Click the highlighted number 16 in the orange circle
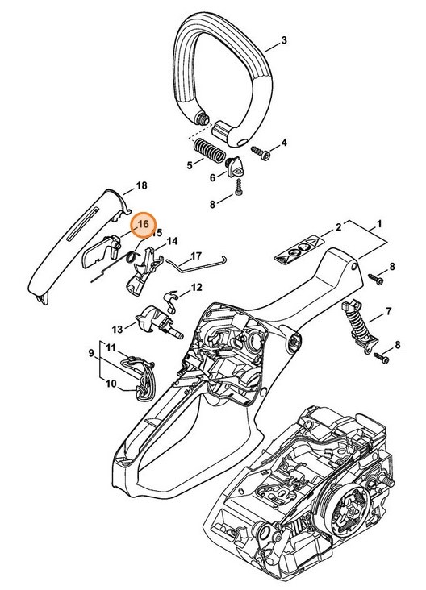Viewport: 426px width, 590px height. [x=143, y=224]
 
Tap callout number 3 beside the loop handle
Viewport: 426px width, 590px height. [x=284, y=40]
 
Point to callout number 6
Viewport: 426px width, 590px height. [x=213, y=178]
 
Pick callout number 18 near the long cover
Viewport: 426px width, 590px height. [x=142, y=185]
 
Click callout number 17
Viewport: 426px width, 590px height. [x=195, y=258]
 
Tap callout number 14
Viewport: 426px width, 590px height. [x=172, y=240]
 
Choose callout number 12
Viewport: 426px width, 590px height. [x=195, y=288]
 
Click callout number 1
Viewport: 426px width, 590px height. [x=379, y=222]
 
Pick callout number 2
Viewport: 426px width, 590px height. [x=340, y=229]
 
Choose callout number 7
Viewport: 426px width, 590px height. [x=390, y=311]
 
